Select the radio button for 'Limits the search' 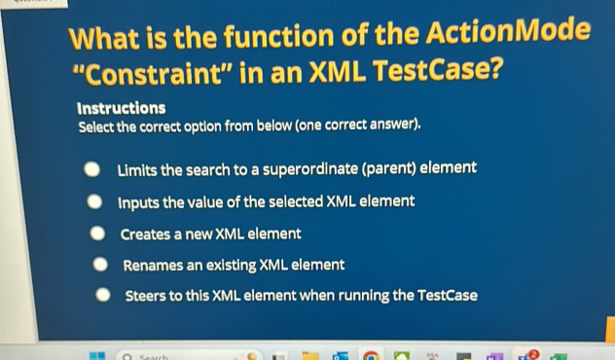tap(90, 170)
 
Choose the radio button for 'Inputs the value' tap(94, 202)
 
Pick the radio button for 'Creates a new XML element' tap(98, 234)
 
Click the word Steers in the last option tap(147, 297)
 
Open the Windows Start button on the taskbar tap(94, 356)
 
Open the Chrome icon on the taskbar tap(371, 356)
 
